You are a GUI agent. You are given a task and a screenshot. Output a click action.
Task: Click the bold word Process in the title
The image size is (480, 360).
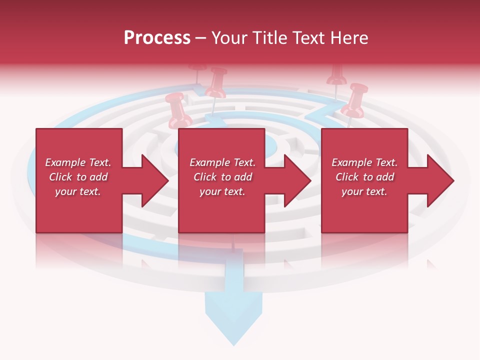[x=157, y=38]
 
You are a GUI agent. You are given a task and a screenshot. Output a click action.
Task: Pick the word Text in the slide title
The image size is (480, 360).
[x=310, y=38]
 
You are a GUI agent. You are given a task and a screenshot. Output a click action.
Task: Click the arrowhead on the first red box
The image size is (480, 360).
[x=155, y=180]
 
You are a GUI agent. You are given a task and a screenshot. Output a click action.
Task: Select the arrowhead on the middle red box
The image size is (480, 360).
[x=297, y=180]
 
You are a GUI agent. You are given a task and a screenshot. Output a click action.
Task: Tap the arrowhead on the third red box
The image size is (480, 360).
[x=440, y=180]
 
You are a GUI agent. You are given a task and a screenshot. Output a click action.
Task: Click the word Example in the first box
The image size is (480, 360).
[x=65, y=162]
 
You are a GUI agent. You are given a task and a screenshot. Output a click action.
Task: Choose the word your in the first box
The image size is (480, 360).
[x=66, y=192]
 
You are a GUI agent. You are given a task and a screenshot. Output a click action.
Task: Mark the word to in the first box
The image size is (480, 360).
[x=81, y=177]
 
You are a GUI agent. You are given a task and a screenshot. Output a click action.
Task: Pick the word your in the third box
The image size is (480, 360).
[x=352, y=192]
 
